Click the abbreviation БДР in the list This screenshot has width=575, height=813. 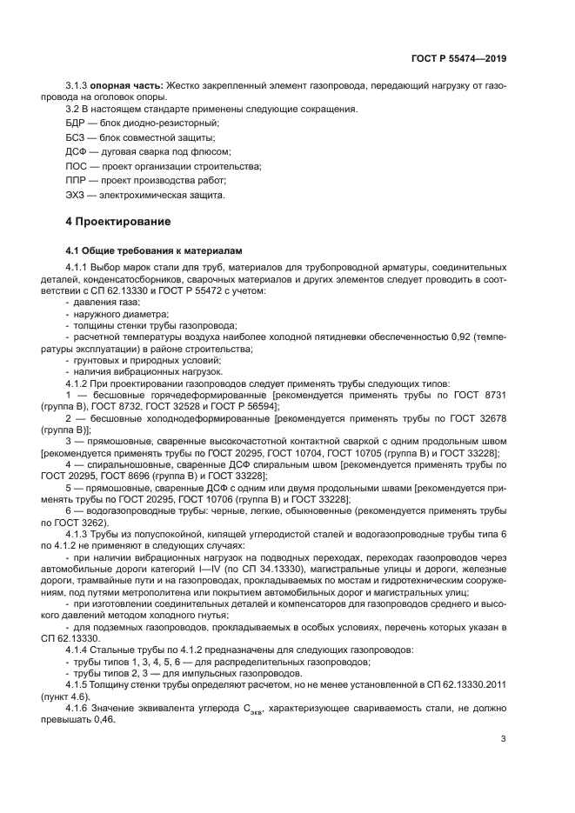(x=77, y=124)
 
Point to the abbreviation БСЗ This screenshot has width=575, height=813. (x=77, y=138)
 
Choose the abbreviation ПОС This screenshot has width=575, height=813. (x=77, y=166)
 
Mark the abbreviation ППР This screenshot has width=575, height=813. (x=77, y=180)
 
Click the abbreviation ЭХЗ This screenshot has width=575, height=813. (x=77, y=195)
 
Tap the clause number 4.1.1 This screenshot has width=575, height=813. (x=78, y=267)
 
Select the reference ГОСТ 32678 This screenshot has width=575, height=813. (x=478, y=417)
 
